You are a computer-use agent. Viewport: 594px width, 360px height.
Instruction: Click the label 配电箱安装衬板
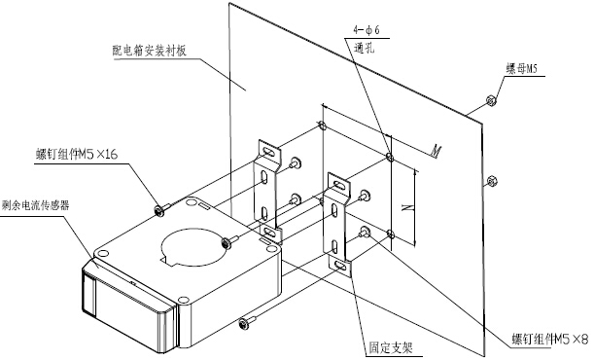click(x=150, y=51)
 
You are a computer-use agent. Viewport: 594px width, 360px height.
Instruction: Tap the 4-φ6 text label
click(x=367, y=30)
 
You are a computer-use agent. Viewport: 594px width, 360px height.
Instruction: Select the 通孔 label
click(x=364, y=48)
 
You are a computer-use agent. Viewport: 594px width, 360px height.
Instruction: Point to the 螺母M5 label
click(x=522, y=68)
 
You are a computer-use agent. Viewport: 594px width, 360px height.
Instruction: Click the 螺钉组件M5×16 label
click(x=77, y=155)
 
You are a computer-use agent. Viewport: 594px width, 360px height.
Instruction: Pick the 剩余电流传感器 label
click(x=36, y=205)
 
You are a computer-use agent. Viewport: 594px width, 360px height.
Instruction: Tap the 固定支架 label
click(x=391, y=347)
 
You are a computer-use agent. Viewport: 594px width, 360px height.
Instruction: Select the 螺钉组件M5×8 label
click(x=550, y=339)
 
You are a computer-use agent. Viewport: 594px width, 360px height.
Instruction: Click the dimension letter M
click(x=437, y=152)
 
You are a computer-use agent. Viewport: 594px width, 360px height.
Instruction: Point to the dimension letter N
click(x=408, y=207)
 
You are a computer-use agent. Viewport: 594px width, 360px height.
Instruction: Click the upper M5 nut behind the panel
click(x=491, y=100)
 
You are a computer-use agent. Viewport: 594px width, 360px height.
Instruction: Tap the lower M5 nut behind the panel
click(x=491, y=181)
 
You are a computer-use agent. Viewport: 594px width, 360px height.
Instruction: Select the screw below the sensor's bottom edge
click(x=246, y=322)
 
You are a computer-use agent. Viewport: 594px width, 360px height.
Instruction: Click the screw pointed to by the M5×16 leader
click(x=161, y=209)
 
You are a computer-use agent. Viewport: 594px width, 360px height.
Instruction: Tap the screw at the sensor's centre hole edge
click(x=228, y=242)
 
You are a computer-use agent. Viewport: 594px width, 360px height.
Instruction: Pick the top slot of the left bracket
click(x=268, y=152)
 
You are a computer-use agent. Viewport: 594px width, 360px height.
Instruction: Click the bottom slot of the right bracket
click(x=340, y=266)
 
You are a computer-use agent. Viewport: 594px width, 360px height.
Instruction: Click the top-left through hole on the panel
click(x=322, y=126)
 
